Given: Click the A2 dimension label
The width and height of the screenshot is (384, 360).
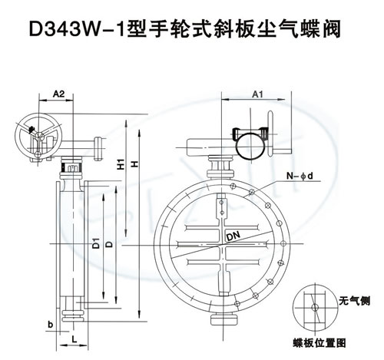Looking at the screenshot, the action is (x=58, y=94).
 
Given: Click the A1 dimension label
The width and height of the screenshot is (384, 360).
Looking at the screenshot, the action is (x=257, y=94).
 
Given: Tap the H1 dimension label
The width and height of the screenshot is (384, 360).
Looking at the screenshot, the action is (x=121, y=163).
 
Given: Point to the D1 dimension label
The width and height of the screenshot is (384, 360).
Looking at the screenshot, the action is (x=96, y=243).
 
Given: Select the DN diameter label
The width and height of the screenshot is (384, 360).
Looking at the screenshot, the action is (x=233, y=236).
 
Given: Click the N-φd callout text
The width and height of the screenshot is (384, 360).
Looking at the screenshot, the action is (x=300, y=176).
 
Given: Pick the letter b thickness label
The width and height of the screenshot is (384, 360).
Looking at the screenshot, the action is (x=51, y=325).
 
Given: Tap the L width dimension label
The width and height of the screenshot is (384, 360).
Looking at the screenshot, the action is (x=74, y=339).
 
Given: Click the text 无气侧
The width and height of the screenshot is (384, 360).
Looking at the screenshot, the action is (x=355, y=301).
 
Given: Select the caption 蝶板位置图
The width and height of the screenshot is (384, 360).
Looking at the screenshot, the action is (x=319, y=343).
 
